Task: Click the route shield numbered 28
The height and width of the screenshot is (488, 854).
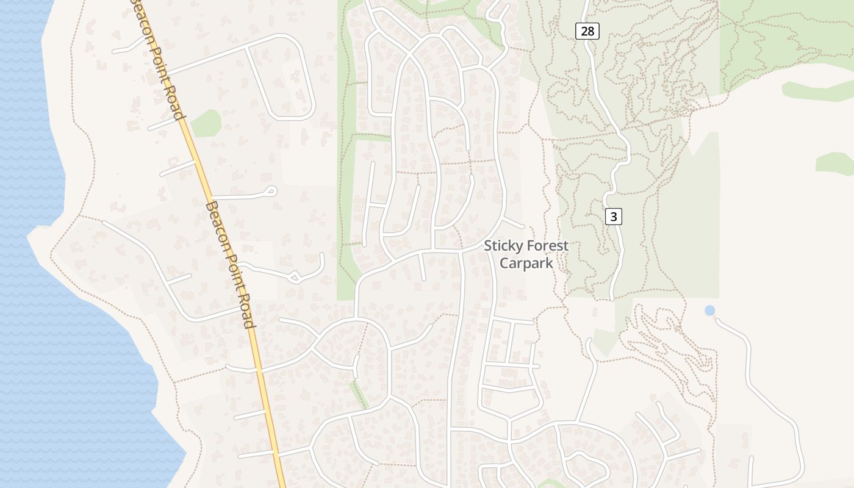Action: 587,31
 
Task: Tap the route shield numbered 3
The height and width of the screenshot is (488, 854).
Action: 614,216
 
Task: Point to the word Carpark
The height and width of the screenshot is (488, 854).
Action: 526,263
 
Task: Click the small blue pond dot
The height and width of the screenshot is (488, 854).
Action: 709,310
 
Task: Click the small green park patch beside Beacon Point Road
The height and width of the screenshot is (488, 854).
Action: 206,123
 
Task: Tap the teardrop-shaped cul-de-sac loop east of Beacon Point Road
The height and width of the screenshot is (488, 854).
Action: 270,192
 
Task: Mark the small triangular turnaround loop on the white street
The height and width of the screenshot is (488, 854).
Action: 295,278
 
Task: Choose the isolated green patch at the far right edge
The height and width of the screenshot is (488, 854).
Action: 834,163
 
